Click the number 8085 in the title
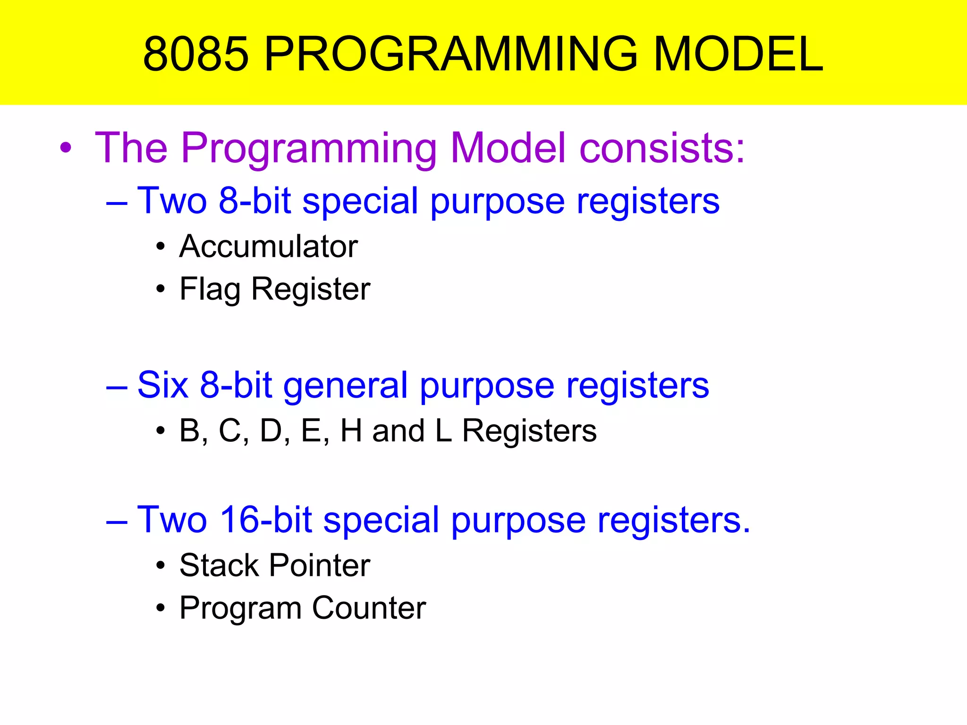click(x=195, y=54)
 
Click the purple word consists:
click(x=662, y=148)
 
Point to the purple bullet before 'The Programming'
click(x=66, y=148)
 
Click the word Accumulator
click(x=269, y=246)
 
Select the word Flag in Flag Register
click(x=210, y=289)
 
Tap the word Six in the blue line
click(x=162, y=385)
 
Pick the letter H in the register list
click(x=351, y=430)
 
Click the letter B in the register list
click(x=190, y=430)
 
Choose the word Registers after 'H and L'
click(x=529, y=430)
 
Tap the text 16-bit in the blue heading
click(x=266, y=520)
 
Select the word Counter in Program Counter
click(x=369, y=608)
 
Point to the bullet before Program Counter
click(x=161, y=608)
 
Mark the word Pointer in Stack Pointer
click(x=320, y=565)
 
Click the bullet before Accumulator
click(x=161, y=247)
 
